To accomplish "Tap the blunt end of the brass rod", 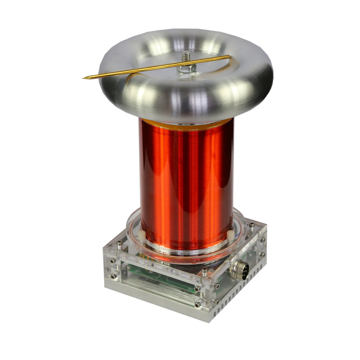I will click(229, 56).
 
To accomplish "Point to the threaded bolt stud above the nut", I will click(186, 57).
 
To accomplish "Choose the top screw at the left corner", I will click(120, 244).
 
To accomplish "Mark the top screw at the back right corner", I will click(252, 226).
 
